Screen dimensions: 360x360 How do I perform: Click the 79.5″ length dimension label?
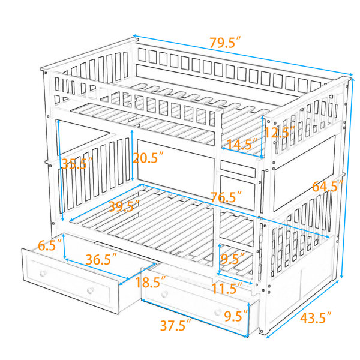point(225,43)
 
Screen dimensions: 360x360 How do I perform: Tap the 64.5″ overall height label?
point(328,186)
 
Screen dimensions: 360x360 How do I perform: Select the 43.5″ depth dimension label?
point(316,318)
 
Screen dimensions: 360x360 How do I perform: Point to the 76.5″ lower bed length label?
point(226,197)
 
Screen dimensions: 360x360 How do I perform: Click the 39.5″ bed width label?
point(124,206)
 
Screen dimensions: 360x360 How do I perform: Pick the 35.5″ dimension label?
point(77,163)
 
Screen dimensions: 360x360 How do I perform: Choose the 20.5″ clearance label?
point(148,158)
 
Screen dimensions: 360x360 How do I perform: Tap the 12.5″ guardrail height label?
point(280,132)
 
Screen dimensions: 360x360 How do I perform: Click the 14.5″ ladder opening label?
point(242,145)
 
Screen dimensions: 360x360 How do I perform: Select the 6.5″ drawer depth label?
point(50,245)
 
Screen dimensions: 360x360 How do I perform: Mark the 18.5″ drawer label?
point(151,282)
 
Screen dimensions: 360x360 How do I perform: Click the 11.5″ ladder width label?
point(227,289)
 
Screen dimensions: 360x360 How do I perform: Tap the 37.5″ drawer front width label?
point(176,325)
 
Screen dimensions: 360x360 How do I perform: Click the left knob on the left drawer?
point(43,273)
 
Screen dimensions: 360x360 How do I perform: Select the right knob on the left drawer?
point(91,290)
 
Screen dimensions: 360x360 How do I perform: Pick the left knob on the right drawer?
point(164,295)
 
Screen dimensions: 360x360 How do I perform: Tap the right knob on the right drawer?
point(218,312)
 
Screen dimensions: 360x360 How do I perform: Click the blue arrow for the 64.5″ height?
point(347,178)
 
